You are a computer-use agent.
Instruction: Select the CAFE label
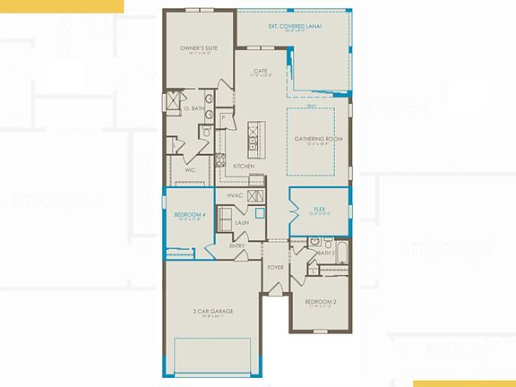[261, 71]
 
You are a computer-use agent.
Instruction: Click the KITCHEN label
[243, 167]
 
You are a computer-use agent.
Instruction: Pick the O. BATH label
[194, 108]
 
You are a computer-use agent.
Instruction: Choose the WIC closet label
[190, 169]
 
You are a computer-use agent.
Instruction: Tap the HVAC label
[235, 195]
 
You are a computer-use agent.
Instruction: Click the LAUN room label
[241, 223]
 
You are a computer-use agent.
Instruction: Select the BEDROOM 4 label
[190, 215]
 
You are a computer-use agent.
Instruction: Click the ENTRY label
[237, 245]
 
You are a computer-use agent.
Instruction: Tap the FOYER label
[275, 266]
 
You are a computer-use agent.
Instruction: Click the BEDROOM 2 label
[320, 302]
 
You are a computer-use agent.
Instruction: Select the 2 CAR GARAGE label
[207, 311]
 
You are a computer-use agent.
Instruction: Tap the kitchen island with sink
[255, 138]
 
